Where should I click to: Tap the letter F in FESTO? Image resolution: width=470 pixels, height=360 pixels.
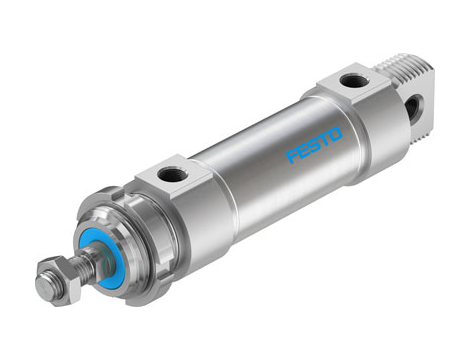293,158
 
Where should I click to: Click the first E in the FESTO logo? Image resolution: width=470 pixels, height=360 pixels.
302,153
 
